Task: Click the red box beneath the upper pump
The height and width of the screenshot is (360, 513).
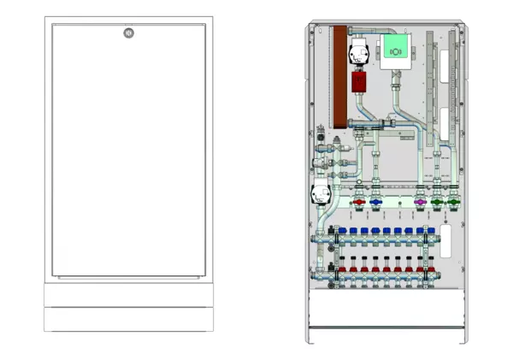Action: [x=358, y=83]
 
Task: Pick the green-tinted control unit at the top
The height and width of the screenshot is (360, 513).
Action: [x=396, y=50]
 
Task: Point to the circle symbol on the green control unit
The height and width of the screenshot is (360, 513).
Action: [x=396, y=52]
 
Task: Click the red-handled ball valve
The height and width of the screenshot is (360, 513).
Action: [x=359, y=204]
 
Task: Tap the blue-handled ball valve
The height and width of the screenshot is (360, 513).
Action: [x=377, y=204]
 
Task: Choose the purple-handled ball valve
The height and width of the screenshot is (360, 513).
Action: [x=420, y=204]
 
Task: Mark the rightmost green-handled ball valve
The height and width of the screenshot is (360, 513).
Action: [x=454, y=204]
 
